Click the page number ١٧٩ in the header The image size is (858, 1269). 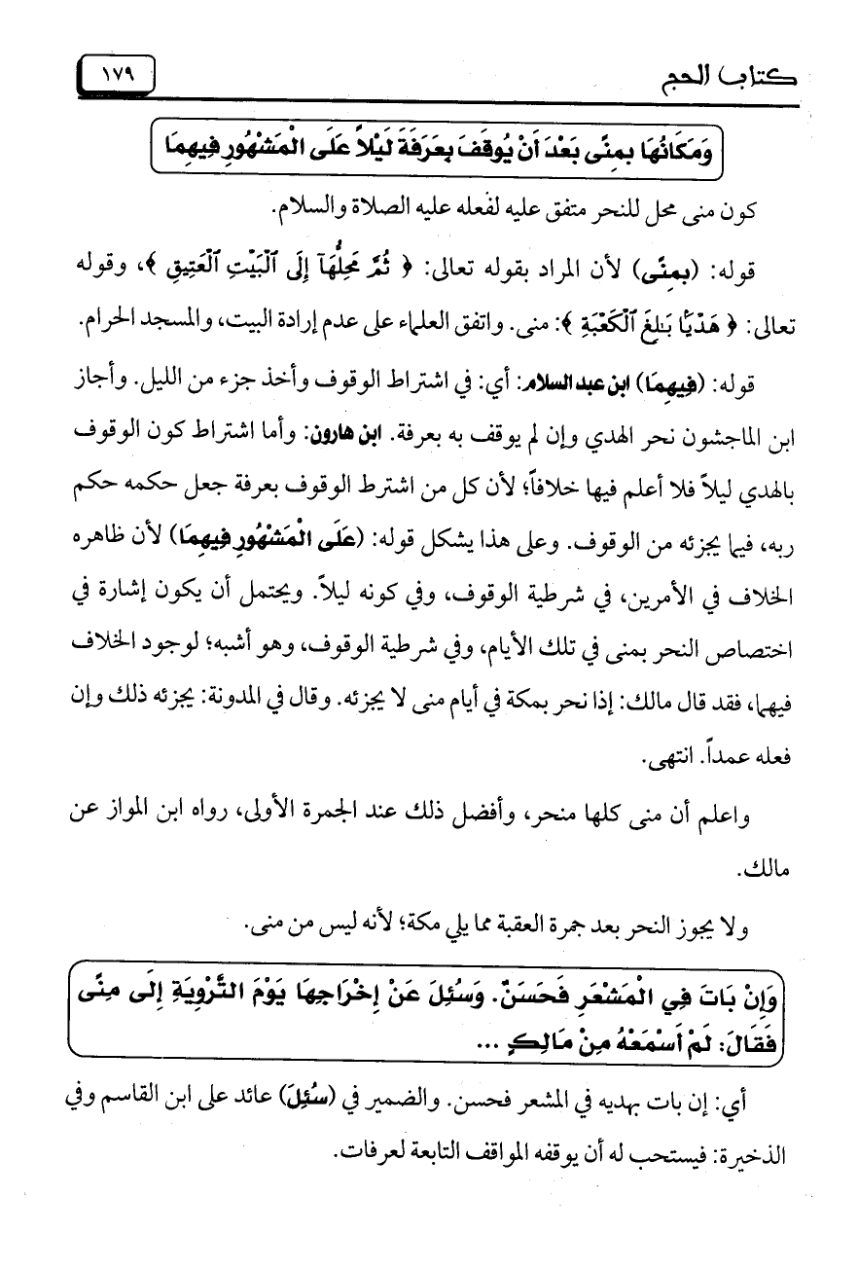115,74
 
